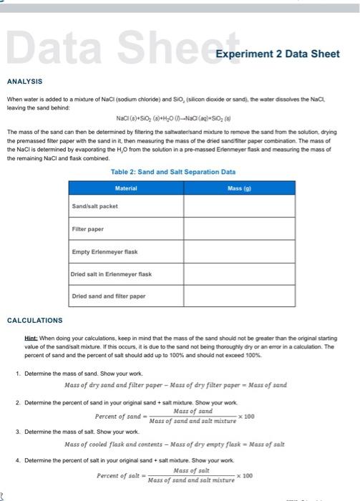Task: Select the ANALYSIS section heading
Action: pyautogui.click(x=25, y=82)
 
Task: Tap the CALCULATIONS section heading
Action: pyautogui.click(x=36, y=320)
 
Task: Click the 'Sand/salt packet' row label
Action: pyautogui.click(x=95, y=206)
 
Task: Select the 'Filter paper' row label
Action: pyautogui.click(x=88, y=228)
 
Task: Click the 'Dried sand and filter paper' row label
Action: pyautogui.click(x=109, y=296)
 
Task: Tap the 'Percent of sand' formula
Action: pyautogui.click(x=174, y=417)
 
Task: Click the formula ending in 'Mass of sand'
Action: pyautogui.click(x=175, y=385)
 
